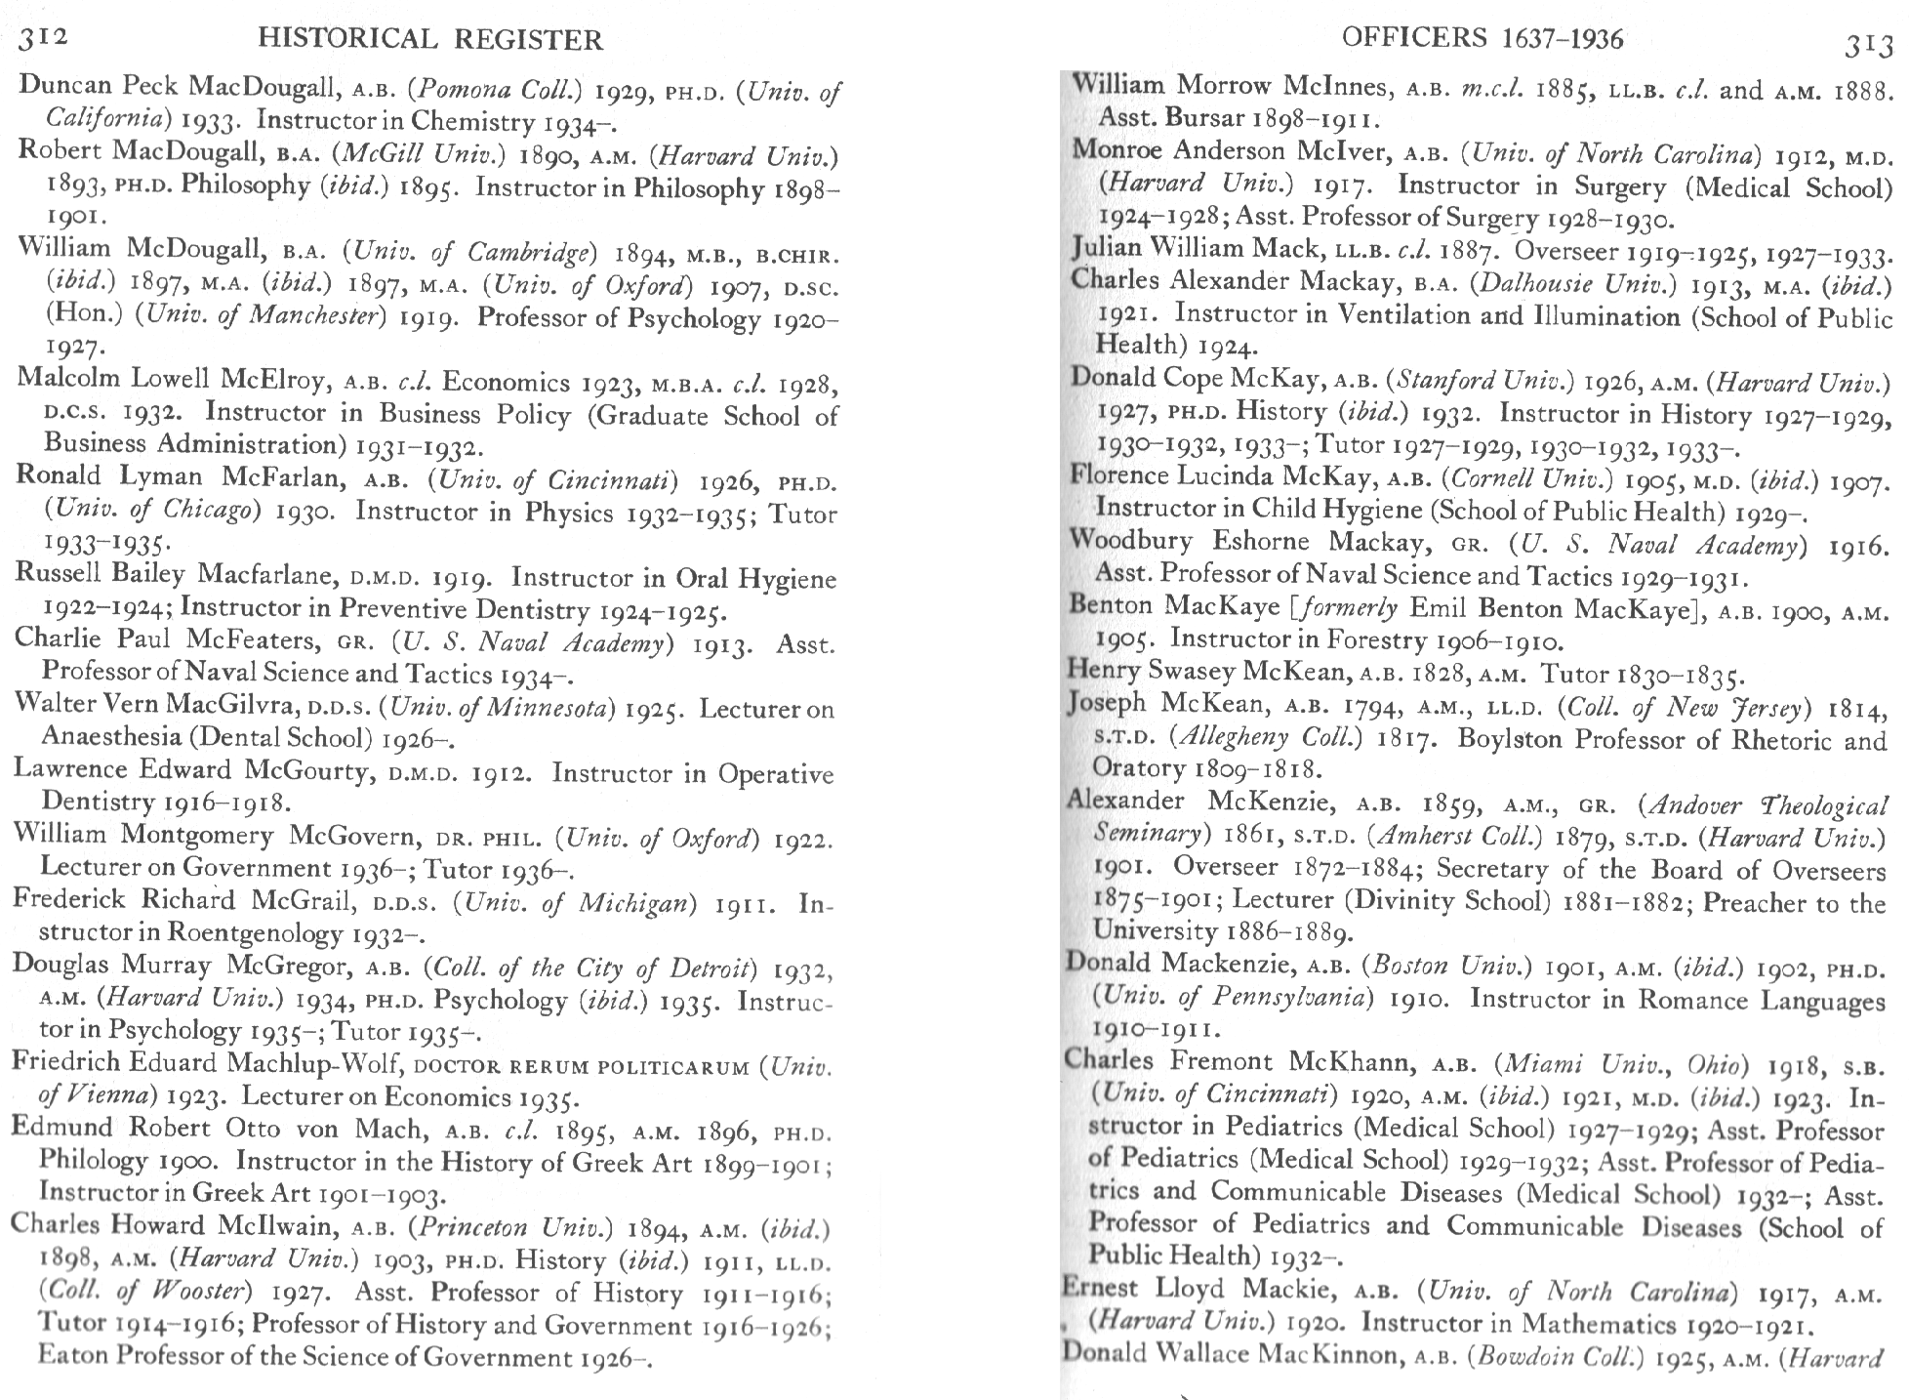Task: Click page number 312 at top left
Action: click(x=43, y=38)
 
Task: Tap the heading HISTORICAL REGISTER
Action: click(x=429, y=39)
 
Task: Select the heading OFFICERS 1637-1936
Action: click(x=1483, y=38)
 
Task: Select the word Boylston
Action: click(x=1518, y=738)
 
